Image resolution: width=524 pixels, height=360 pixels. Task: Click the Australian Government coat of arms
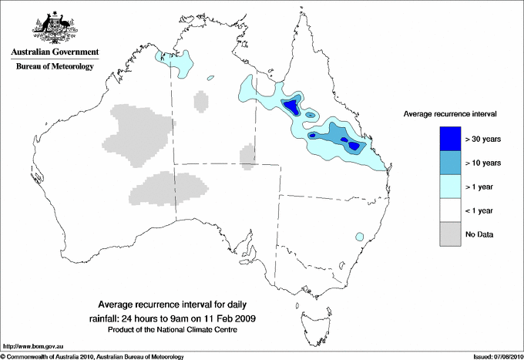[x=52, y=29]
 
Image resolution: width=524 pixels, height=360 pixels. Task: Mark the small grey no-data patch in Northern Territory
[x=200, y=101]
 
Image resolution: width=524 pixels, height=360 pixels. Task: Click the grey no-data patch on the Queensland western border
[x=247, y=154]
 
